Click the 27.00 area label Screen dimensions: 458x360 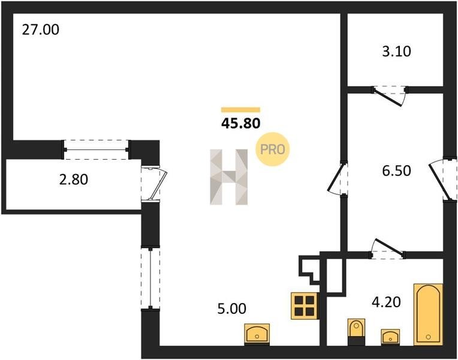tap(41, 30)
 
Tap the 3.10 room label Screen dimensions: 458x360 tap(396, 52)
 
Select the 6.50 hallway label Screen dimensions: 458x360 tap(396, 170)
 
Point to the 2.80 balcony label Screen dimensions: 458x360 tap(73, 179)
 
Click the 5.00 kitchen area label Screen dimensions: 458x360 tap(231, 308)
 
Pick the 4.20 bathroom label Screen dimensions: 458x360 tap(386, 302)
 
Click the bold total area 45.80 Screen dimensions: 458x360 tap(240, 124)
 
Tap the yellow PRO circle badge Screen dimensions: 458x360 tap(272, 149)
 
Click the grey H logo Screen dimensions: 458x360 tap(229, 177)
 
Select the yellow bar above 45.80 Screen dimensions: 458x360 tap(240, 110)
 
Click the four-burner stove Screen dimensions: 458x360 tap(305, 305)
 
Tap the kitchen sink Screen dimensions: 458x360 tap(257, 334)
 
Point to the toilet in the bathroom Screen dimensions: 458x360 tap(356, 332)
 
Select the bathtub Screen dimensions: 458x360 tap(428, 314)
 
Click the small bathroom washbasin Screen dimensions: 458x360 tap(390, 337)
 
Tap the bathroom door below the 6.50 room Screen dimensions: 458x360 tap(387, 249)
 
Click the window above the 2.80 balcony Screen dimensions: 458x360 tap(96, 149)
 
